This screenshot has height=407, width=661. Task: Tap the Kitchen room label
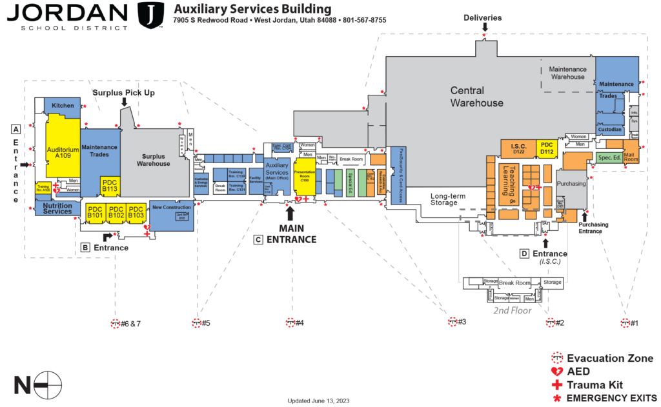63,105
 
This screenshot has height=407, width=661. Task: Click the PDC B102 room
116,212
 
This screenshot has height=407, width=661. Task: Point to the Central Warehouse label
476,97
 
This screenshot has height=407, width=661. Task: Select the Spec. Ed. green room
609,157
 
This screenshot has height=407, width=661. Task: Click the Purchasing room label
572,184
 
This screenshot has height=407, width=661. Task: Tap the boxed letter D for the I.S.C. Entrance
524,253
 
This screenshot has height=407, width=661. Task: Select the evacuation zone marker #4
290,323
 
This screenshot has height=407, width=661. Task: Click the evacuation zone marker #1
625,323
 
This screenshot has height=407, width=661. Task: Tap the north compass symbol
47,385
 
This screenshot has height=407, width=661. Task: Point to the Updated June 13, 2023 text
318,401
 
